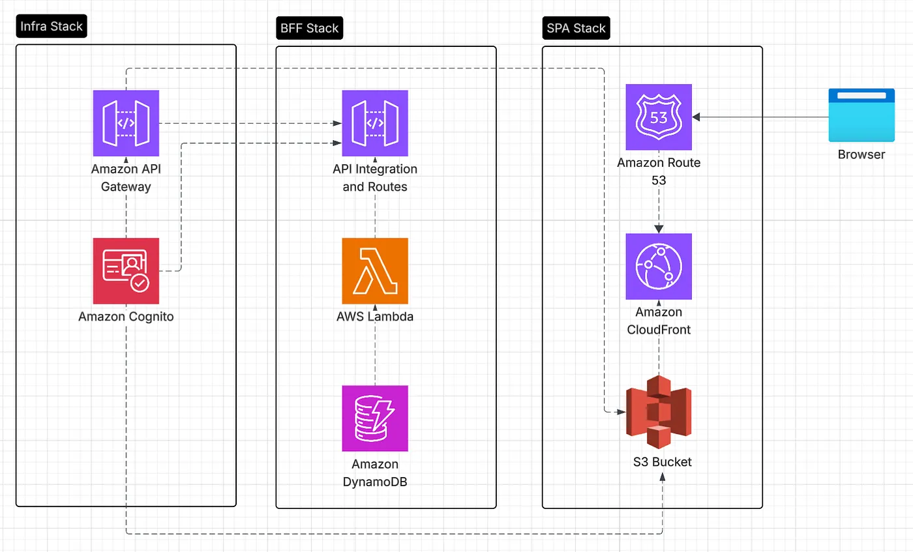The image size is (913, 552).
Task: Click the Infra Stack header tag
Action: coord(51,27)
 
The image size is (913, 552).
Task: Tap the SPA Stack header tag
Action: coord(575,28)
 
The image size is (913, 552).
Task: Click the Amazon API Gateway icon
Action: coord(126,123)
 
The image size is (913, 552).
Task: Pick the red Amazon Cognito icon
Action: coord(126,271)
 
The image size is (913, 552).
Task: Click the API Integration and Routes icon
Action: coord(375,123)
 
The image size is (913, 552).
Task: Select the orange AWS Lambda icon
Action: coord(375,271)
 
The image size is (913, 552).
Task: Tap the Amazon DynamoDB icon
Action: coord(375,418)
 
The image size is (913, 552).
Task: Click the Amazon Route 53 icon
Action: coord(658,117)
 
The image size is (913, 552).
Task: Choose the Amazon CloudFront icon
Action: coord(658,266)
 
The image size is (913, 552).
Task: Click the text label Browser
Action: coord(861,155)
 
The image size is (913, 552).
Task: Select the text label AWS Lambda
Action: coord(375,317)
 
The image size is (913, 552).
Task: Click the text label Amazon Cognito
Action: coord(126,317)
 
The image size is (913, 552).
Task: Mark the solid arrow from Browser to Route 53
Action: coord(760,117)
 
